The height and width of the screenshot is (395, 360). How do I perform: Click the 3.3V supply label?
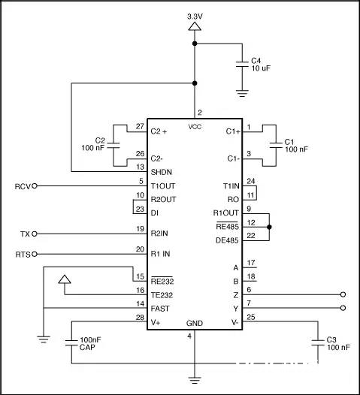point(195,17)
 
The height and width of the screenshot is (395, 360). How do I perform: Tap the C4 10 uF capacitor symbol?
point(242,65)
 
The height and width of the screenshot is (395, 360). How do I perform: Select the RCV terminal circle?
point(35,186)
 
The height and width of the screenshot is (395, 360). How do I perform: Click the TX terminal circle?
point(35,234)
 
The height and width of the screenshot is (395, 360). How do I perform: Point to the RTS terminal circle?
point(35,254)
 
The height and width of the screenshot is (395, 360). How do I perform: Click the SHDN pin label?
point(162,172)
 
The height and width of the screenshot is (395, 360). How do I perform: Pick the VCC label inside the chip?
point(195,127)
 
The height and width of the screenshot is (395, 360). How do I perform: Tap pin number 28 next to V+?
point(140,318)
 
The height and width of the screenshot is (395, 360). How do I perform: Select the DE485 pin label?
point(227,240)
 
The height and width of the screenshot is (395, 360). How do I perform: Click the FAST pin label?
point(160,309)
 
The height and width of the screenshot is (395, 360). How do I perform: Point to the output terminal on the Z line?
point(343,294)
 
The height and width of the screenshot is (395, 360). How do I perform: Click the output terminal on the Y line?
point(343,308)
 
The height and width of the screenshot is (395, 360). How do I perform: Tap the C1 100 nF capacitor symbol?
point(276,146)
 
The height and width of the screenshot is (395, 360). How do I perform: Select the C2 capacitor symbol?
point(113,146)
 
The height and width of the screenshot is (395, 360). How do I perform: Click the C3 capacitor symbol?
point(318,343)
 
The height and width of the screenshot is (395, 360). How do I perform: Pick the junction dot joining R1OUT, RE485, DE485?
point(269,227)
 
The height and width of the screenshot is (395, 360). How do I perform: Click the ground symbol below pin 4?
point(195,380)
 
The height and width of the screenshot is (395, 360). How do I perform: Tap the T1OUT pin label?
point(163,186)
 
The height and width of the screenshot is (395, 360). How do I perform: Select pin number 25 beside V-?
point(251,317)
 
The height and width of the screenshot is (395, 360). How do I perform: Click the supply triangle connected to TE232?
point(65,279)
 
